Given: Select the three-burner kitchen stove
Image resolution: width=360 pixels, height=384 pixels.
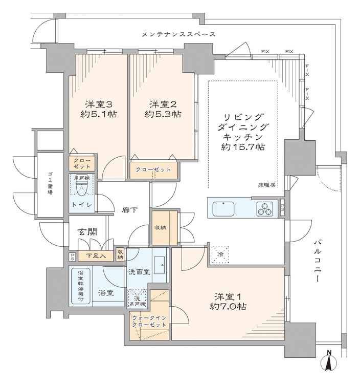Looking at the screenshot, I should pos(266,209).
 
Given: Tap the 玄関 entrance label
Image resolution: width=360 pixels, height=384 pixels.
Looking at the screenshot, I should pos(87,232).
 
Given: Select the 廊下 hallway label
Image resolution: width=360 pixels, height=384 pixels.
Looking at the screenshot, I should pos(128,209).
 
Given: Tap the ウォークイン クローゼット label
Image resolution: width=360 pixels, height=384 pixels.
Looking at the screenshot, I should pos(149,322).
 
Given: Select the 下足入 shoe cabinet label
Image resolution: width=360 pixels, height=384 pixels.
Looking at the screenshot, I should pos(96,255).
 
